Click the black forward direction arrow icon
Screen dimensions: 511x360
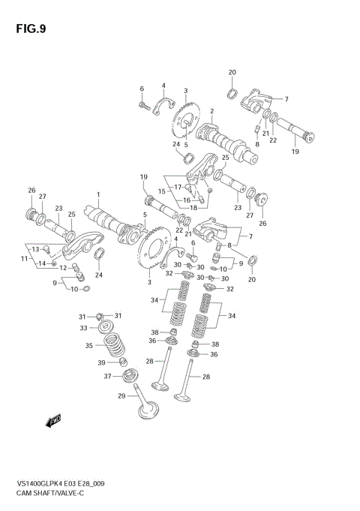click(54, 421)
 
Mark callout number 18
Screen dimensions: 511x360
click(193, 207)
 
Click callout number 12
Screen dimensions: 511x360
click(63, 267)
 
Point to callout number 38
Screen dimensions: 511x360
click(154, 332)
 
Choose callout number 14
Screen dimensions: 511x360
click(42, 263)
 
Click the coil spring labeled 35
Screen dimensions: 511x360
click(113, 346)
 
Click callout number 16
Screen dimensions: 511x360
click(186, 200)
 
